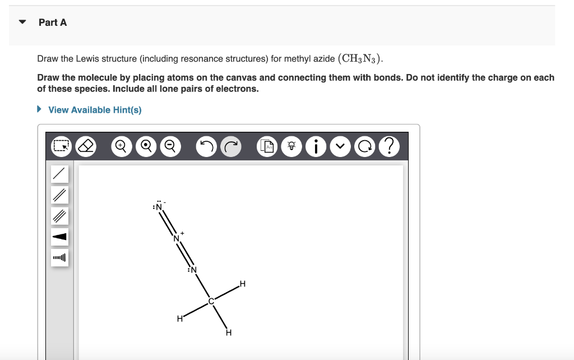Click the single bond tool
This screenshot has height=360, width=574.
point(60,174)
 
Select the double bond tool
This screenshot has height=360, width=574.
point(60,195)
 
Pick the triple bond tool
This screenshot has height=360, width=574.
point(60,215)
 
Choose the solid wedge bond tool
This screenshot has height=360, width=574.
point(60,237)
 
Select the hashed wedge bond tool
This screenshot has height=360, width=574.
point(60,257)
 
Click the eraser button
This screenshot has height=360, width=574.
point(86,146)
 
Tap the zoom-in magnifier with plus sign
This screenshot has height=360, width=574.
point(121,146)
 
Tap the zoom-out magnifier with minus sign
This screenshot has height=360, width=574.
point(169,146)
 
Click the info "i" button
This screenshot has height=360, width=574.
point(317,146)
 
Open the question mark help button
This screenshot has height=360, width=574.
point(390,146)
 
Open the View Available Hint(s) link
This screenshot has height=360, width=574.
point(94,110)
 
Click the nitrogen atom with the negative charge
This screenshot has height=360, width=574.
point(159,206)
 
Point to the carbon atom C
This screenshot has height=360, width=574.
point(211,301)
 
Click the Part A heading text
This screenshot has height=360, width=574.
point(53,22)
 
